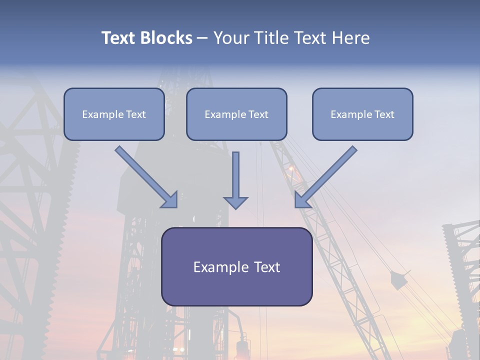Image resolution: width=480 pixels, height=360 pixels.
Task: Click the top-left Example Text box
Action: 114,114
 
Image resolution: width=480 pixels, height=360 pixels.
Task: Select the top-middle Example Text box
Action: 236,114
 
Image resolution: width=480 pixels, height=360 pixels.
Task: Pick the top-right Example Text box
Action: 362,114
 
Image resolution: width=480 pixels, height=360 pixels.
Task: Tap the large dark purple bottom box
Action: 236,266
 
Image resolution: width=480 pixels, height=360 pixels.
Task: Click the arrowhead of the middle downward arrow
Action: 235,202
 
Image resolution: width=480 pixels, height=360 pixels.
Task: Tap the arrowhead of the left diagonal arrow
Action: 170,199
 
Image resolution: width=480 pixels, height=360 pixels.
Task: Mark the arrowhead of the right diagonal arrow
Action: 302,199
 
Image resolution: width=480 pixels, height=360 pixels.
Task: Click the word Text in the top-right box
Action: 383,114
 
